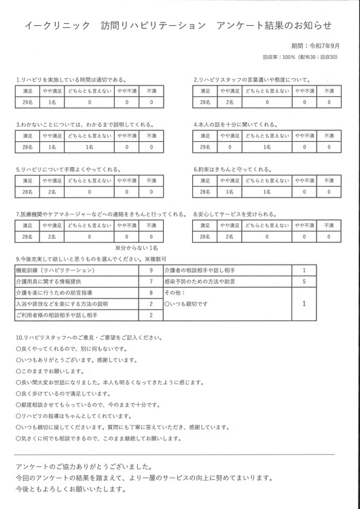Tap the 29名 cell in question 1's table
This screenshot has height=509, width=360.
pos(28,102)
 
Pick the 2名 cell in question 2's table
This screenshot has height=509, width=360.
pos(230,102)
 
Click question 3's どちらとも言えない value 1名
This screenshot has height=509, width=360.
pos(89,147)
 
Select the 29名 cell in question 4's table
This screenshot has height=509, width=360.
pos(204,147)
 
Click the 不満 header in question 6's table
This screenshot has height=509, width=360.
pos(328,181)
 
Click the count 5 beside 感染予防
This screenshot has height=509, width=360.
pos(304,281)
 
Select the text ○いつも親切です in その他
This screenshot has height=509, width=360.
pos(186,303)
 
